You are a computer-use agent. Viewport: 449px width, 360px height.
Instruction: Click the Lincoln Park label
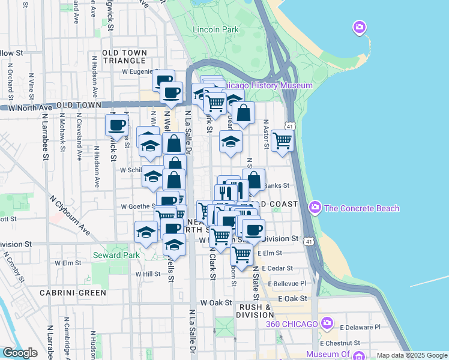(x=215, y=29)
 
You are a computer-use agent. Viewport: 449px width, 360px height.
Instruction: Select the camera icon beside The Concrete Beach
(x=315, y=208)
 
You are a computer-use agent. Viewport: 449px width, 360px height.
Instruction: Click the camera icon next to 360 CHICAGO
(x=327, y=324)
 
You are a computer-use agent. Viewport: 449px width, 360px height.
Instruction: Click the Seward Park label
(x=116, y=256)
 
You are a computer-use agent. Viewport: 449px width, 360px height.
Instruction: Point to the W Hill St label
(x=146, y=274)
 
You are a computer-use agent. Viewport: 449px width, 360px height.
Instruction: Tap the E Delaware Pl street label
(x=360, y=328)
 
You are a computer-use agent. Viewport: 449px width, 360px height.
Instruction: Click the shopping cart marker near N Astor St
(x=282, y=140)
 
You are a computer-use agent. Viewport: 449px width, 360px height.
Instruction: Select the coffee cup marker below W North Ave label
(x=117, y=125)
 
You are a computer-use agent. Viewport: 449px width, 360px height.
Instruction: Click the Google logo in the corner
(x=20, y=353)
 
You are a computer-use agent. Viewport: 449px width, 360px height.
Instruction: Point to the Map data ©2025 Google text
(x=411, y=355)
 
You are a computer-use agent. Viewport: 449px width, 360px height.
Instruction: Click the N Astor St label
(x=265, y=134)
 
